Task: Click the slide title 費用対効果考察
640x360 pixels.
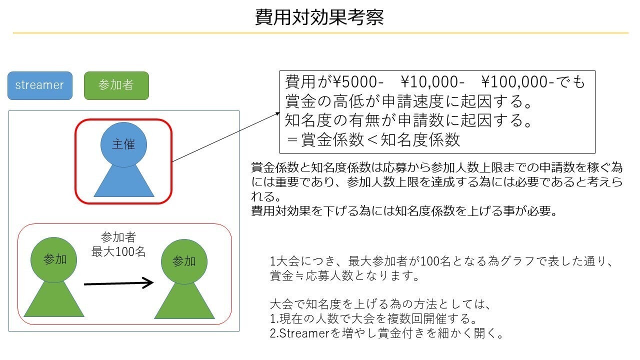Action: coord(319,17)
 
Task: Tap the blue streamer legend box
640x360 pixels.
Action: coord(40,85)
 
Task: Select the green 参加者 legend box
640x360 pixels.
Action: coord(116,85)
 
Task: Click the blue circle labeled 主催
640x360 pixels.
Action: coord(123,144)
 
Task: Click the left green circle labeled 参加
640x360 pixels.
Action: coord(53,260)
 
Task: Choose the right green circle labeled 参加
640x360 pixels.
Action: coord(184,261)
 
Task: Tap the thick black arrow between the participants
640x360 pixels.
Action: coord(118,283)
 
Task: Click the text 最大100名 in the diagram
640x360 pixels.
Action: coord(118,251)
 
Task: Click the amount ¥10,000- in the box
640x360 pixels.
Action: coord(432,82)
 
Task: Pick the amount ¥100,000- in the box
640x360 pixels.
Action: coord(517,82)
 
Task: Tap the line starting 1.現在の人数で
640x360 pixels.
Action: coord(373,318)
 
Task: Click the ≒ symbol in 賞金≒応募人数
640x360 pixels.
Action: coord(299,276)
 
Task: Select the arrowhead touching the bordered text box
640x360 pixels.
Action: coord(277,113)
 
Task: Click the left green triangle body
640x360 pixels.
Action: coord(54,300)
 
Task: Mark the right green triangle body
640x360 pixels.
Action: coord(184,301)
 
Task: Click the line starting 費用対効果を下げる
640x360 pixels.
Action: coord(404,211)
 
